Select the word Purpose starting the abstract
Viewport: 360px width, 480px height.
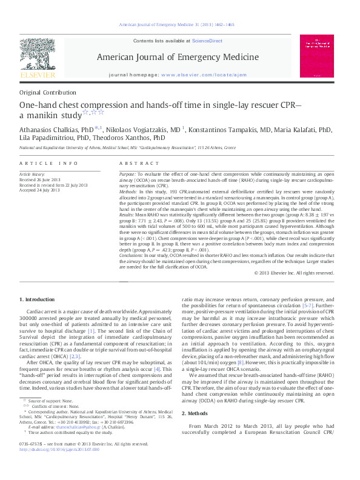128,174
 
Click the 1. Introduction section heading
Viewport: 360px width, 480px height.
38,300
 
